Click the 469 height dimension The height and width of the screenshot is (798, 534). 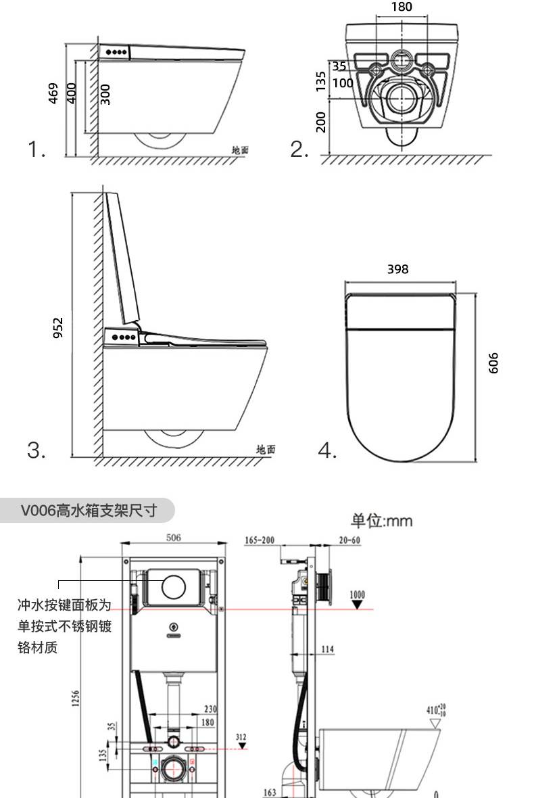[53, 93]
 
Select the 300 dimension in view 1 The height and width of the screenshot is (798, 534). [105, 93]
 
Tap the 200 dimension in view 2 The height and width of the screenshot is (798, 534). [321, 122]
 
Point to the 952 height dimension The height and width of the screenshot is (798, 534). [58, 327]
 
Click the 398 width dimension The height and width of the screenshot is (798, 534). [397, 269]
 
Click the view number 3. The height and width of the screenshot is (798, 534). [36, 450]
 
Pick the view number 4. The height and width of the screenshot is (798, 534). [327, 450]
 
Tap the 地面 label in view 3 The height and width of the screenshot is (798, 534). [266, 449]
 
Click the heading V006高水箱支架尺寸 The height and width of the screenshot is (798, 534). [88, 510]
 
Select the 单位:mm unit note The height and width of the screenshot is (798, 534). [381, 520]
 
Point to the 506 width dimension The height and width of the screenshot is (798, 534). [173, 538]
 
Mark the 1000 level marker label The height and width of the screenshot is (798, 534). [358, 594]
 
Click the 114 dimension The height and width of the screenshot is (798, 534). [327, 649]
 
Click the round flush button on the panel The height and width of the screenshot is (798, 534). [174, 587]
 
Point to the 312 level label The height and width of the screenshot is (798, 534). [241, 736]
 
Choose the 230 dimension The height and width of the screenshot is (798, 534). [210, 709]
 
